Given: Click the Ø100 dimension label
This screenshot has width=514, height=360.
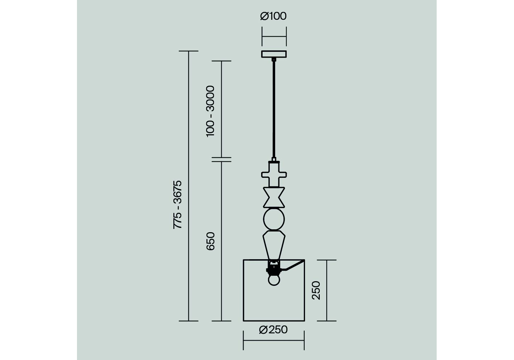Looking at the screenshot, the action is click(273, 16).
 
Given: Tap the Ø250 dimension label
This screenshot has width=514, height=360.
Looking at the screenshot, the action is click(273, 330).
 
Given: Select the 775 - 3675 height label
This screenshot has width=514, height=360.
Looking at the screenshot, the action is click(178, 205).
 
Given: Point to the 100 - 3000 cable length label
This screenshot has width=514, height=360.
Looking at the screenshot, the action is click(210, 111).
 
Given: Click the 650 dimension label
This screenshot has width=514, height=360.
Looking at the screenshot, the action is click(210, 241).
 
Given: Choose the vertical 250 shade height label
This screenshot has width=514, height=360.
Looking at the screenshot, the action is click(316, 290).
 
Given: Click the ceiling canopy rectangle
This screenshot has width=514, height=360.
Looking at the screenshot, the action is click(274, 54).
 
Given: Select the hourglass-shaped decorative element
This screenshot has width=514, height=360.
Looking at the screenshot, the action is click(274, 197).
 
